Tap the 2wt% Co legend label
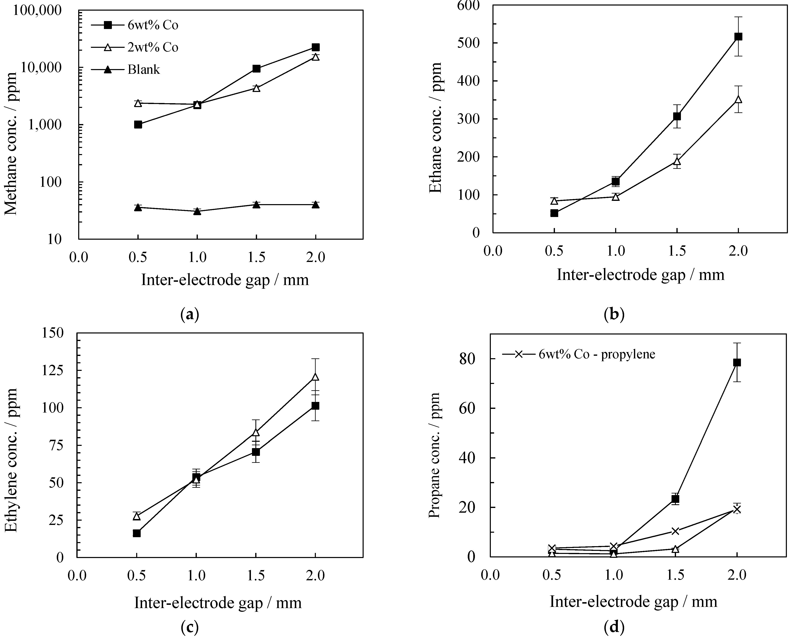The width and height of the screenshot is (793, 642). click(x=153, y=47)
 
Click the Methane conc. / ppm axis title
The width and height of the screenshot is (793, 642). click(x=12, y=143)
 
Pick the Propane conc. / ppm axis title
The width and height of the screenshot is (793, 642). click(x=435, y=456)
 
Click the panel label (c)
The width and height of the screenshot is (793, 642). click(x=190, y=627)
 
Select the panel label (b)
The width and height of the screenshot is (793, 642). click(x=614, y=315)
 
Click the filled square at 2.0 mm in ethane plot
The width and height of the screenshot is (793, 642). click(x=738, y=37)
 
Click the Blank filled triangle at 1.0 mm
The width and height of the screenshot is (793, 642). click(x=197, y=211)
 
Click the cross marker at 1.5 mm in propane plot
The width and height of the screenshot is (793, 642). click(x=675, y=531)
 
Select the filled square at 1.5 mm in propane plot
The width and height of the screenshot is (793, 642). click(x=675, y=499)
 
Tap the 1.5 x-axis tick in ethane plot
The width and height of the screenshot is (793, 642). click(x=677, y=251)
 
